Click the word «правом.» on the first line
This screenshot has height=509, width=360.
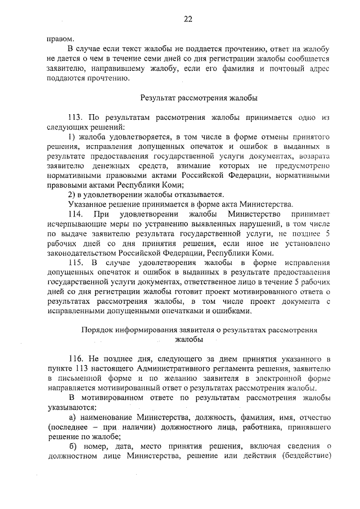point(59,39)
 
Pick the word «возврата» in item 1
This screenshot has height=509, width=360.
point(312,156)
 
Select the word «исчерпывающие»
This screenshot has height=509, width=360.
point(74,224)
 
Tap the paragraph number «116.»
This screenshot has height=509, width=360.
point(76,358)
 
